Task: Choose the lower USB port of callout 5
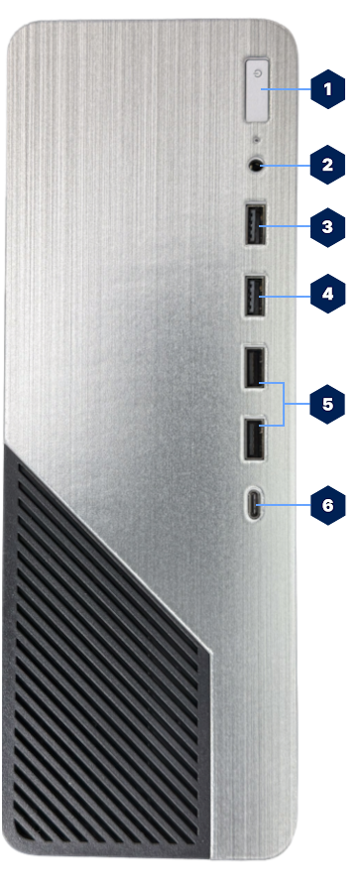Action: (x=254, y=438)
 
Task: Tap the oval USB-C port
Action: (x=256, y=506)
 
